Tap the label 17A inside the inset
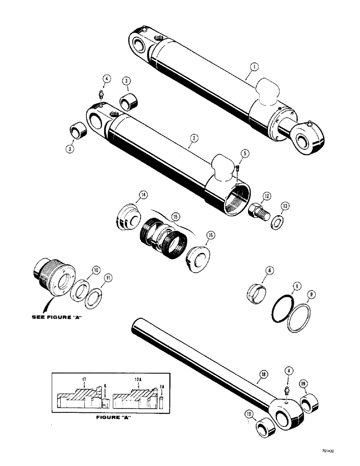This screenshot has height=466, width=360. (x=139, y=378)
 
